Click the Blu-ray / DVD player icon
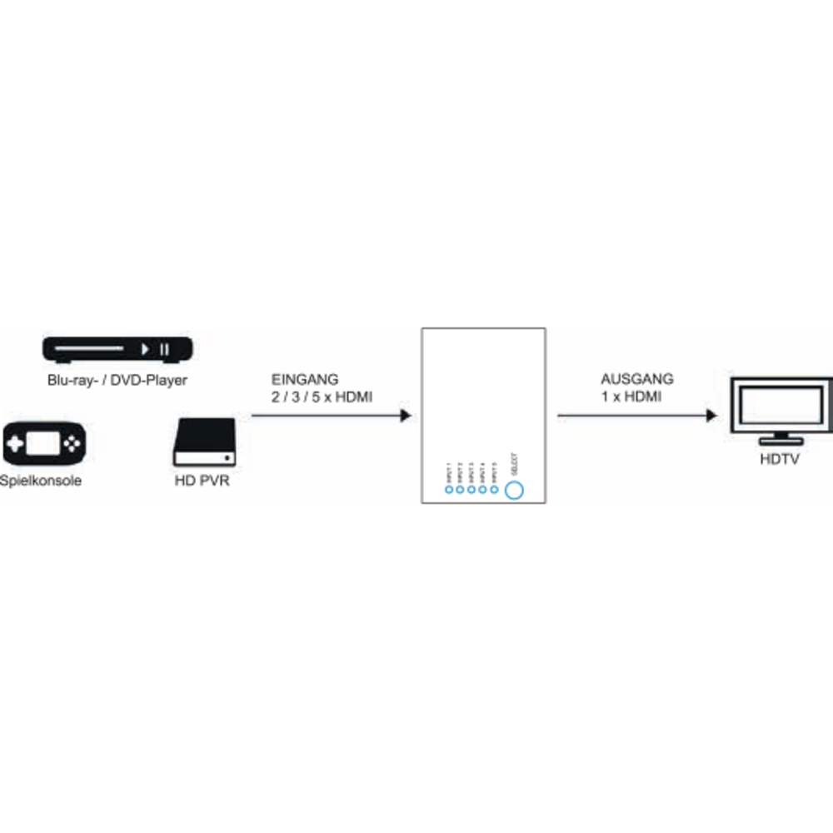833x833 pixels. click(x=117, y=349)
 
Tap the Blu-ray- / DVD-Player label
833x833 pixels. click(x=117, y=381)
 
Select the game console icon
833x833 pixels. click(x=45, y=444)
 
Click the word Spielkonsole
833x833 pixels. click(x=42, y=481)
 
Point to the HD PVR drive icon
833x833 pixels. click(x=204, y=444)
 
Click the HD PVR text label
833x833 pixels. click(x=204, y=481)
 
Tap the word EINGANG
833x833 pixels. click(x=306, y=379)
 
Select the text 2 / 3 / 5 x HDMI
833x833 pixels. click(x=322, y=397)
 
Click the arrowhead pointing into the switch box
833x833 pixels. click(x=406, y=416)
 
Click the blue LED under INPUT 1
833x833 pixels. click(x=449, y=489)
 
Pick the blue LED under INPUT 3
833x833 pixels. click(x=471, y=489)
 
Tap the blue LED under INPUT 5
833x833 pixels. click(x=494, y=489)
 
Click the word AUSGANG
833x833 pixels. click(x=637, y=379)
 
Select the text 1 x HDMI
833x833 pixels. click(x=631, y=397)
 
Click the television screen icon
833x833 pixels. click(x=781, y=405)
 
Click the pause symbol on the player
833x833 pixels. click(x=165, y=349)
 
